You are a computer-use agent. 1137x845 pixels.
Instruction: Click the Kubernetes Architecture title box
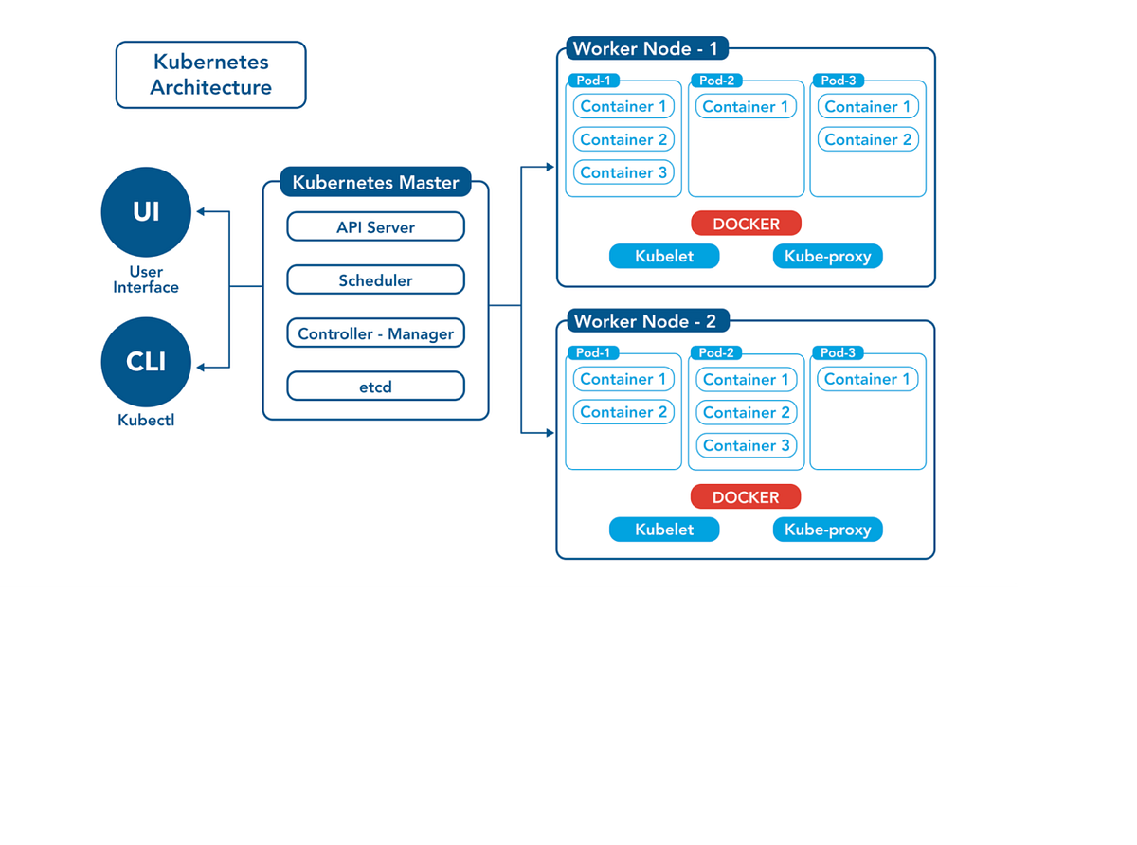pos(210,75)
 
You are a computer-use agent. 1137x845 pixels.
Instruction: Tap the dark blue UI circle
pos(146,211)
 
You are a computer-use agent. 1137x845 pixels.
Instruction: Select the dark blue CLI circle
pos(146,362)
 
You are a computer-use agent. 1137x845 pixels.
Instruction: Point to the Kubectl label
pos(146,420)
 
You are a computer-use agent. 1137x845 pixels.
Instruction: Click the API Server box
pos(375,227)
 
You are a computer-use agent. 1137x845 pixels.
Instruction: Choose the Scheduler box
pos(375,280)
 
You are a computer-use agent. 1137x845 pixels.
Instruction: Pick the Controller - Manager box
pos(375,333)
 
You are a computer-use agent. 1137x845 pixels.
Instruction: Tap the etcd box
pos(375,387)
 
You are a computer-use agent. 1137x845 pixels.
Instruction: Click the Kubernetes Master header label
pos(375,182)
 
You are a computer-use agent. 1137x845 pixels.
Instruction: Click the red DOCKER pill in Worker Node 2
pos(745,497)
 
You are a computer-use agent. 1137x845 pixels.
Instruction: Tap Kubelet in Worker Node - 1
pos(664,256)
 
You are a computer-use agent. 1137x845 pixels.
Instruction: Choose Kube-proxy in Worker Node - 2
pos(827,530)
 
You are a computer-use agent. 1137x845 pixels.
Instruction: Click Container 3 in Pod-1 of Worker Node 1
pos(623,172)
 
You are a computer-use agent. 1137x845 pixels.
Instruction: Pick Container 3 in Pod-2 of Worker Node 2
pos(746,445)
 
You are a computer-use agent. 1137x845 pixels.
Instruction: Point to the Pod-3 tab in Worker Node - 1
pos(838,81)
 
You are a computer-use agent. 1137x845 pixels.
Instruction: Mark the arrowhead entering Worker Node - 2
pos(550,433)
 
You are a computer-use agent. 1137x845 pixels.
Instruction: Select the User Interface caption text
pos(146,279)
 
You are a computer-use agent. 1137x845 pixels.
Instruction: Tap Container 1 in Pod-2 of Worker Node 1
pos(746,106)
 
